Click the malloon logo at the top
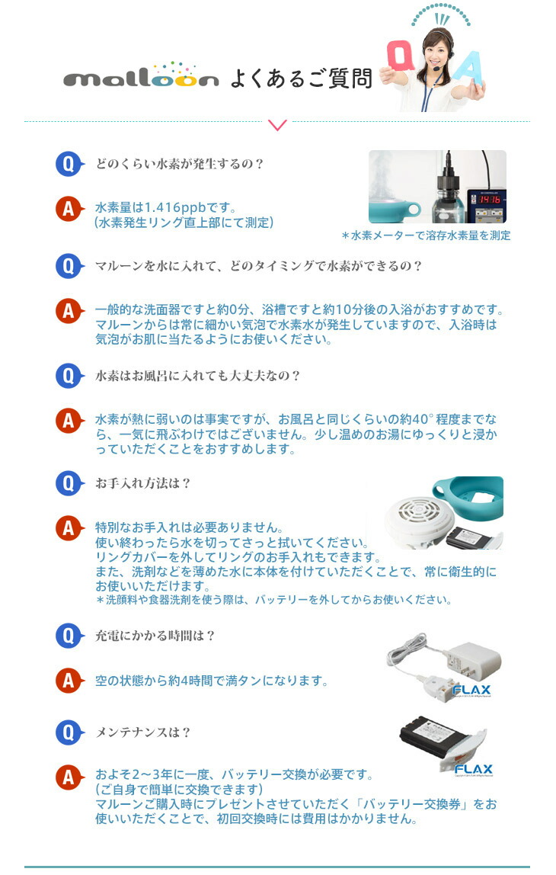point(141,75)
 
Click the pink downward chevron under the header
point(277,124)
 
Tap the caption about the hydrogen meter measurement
point(426,236)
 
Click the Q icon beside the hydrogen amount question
point(69,164)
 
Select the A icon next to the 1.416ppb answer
point(69,209)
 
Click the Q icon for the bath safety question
point(69,376)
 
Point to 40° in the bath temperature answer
point(422,419)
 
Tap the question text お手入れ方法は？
point(142,483)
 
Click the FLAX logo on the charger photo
point(471,691)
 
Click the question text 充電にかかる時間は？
point(155,636)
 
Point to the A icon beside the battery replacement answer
point(69,776)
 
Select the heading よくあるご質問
point(301,78)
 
